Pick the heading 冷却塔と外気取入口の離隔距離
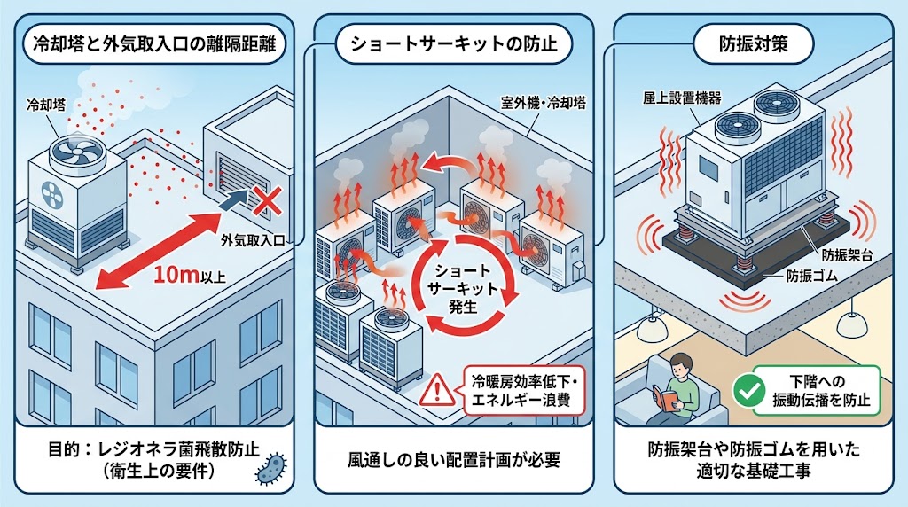(151, 43)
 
